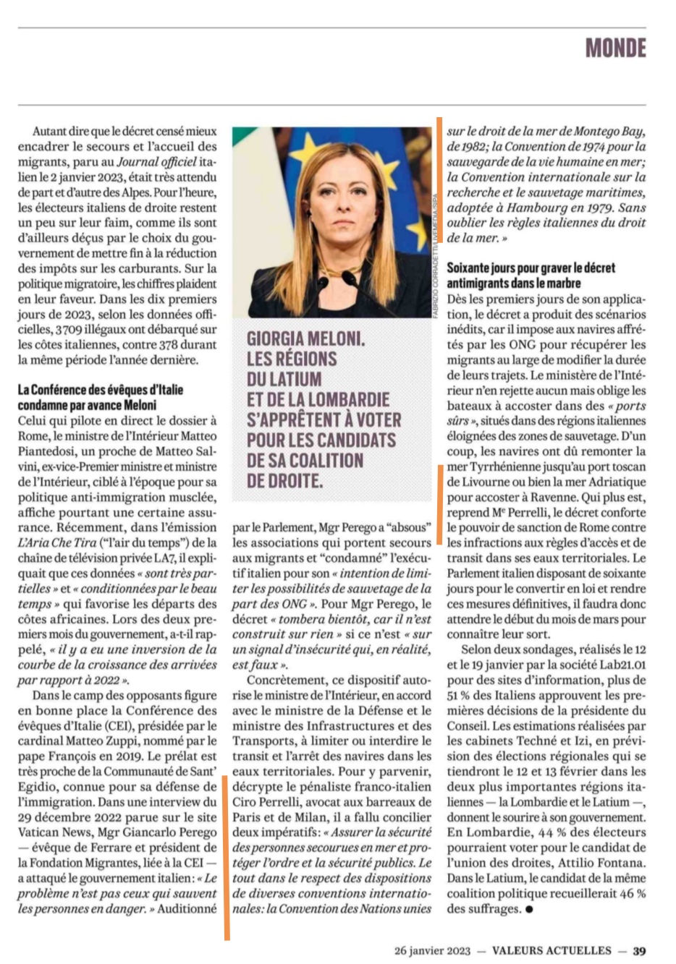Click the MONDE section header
click(x=615, y=48)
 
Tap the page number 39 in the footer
click(x=639, y=950)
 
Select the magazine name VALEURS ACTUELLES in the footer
click(x=552, y=950)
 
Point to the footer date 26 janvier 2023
click(x=432, y=950)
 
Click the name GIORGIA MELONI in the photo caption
click(x=305, y=338)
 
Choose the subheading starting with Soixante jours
click(x=531, y=275)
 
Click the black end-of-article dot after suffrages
click(x=529, y=909)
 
